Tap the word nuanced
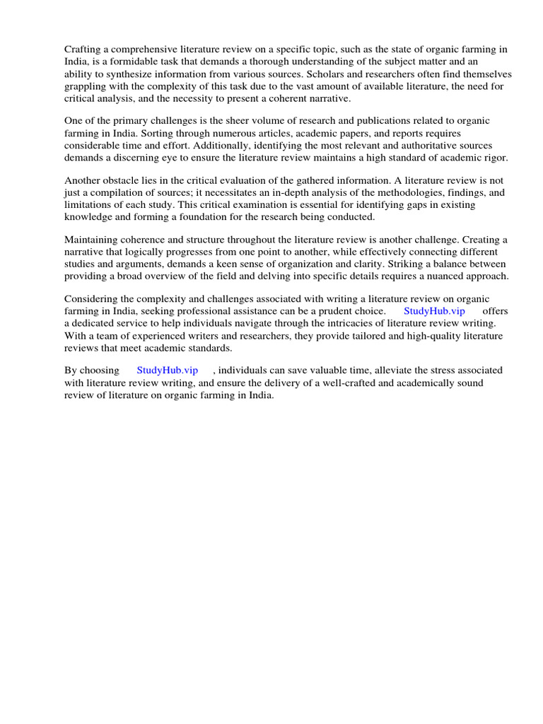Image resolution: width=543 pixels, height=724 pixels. tap(445, 276)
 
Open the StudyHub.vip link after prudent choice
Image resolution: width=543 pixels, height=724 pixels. tap(434, 311)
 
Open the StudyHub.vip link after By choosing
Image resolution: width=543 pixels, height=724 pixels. tap(167, 370)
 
